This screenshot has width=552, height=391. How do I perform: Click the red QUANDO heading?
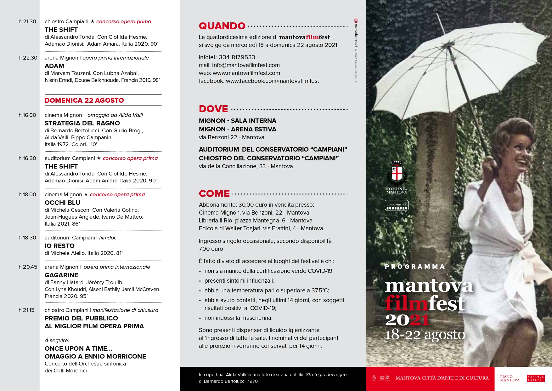pyautogui.click(x=222, y=26)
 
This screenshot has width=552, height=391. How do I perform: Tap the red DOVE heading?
pyautogui.click(x=213, y=109)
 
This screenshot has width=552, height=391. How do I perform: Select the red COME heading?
pyautogui.click(x=214, y=193)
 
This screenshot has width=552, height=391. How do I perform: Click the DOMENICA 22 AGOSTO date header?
pyautogui.click(x=84, y=101)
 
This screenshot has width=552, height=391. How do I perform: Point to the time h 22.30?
pyautogui.click(x=28, y=58)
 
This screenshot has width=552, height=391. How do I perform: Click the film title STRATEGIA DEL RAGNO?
pyautogui.click(x=82, y=123)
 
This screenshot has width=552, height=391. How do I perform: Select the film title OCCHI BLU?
pyautogui.click(x=62, y=203)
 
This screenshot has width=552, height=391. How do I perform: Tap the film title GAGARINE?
pyautogui.click(x=61, y=275)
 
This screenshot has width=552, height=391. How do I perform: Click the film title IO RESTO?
pyautogui.click(x=59, y=246)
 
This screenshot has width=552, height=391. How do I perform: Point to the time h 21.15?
pyautogui.click(x=26, y=310)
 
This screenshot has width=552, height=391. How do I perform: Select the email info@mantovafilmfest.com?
pyautogui.click(x=246, y=65)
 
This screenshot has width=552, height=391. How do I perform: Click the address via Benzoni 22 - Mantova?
pyautogui.click(x=231, y=137)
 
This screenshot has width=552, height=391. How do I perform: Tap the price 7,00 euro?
pyautogui.click(x=211, y=249)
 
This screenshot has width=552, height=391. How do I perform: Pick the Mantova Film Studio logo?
pyautogui.click(x=397, y=205)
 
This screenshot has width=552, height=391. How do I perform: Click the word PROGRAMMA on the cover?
pyautogui.click(x=415, y=267)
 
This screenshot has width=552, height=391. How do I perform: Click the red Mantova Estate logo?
pyautogui.click(x=535, y=378)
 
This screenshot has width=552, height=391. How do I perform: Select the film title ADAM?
pyautogui.click(x=54, y=66)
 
